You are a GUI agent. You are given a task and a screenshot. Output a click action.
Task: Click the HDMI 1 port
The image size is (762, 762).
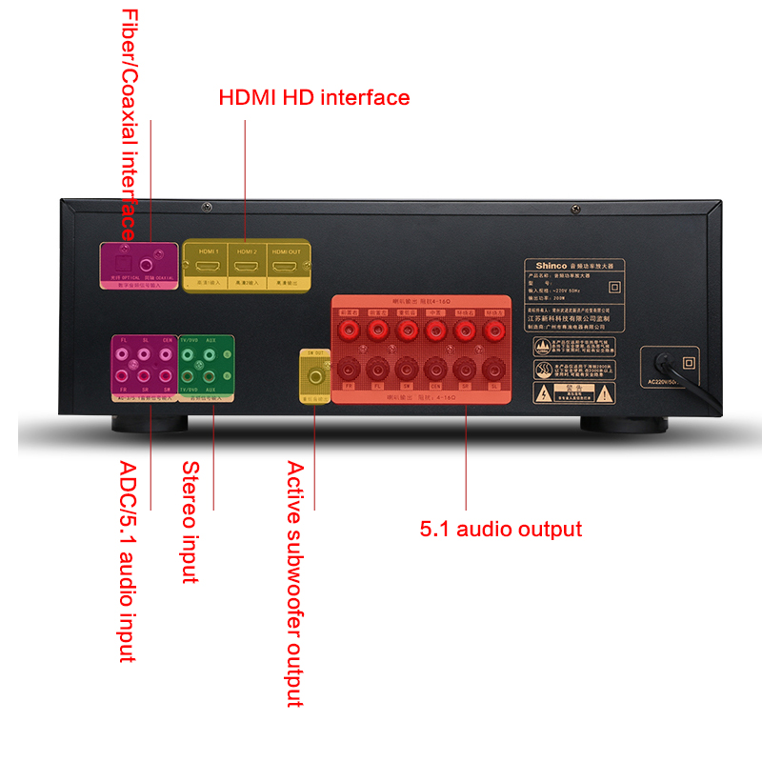207,264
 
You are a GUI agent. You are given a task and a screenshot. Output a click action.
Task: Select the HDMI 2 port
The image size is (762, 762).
246,264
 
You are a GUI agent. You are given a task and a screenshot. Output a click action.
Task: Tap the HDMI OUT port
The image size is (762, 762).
286,264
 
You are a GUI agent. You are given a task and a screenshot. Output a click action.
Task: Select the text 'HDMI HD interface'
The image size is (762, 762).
314,97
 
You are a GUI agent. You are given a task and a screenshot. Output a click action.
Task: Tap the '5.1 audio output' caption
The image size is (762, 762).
501,530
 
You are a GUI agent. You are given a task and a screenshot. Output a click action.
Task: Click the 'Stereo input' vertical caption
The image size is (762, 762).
190,521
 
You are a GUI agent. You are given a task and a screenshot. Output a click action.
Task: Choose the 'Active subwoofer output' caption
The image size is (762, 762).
295,583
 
